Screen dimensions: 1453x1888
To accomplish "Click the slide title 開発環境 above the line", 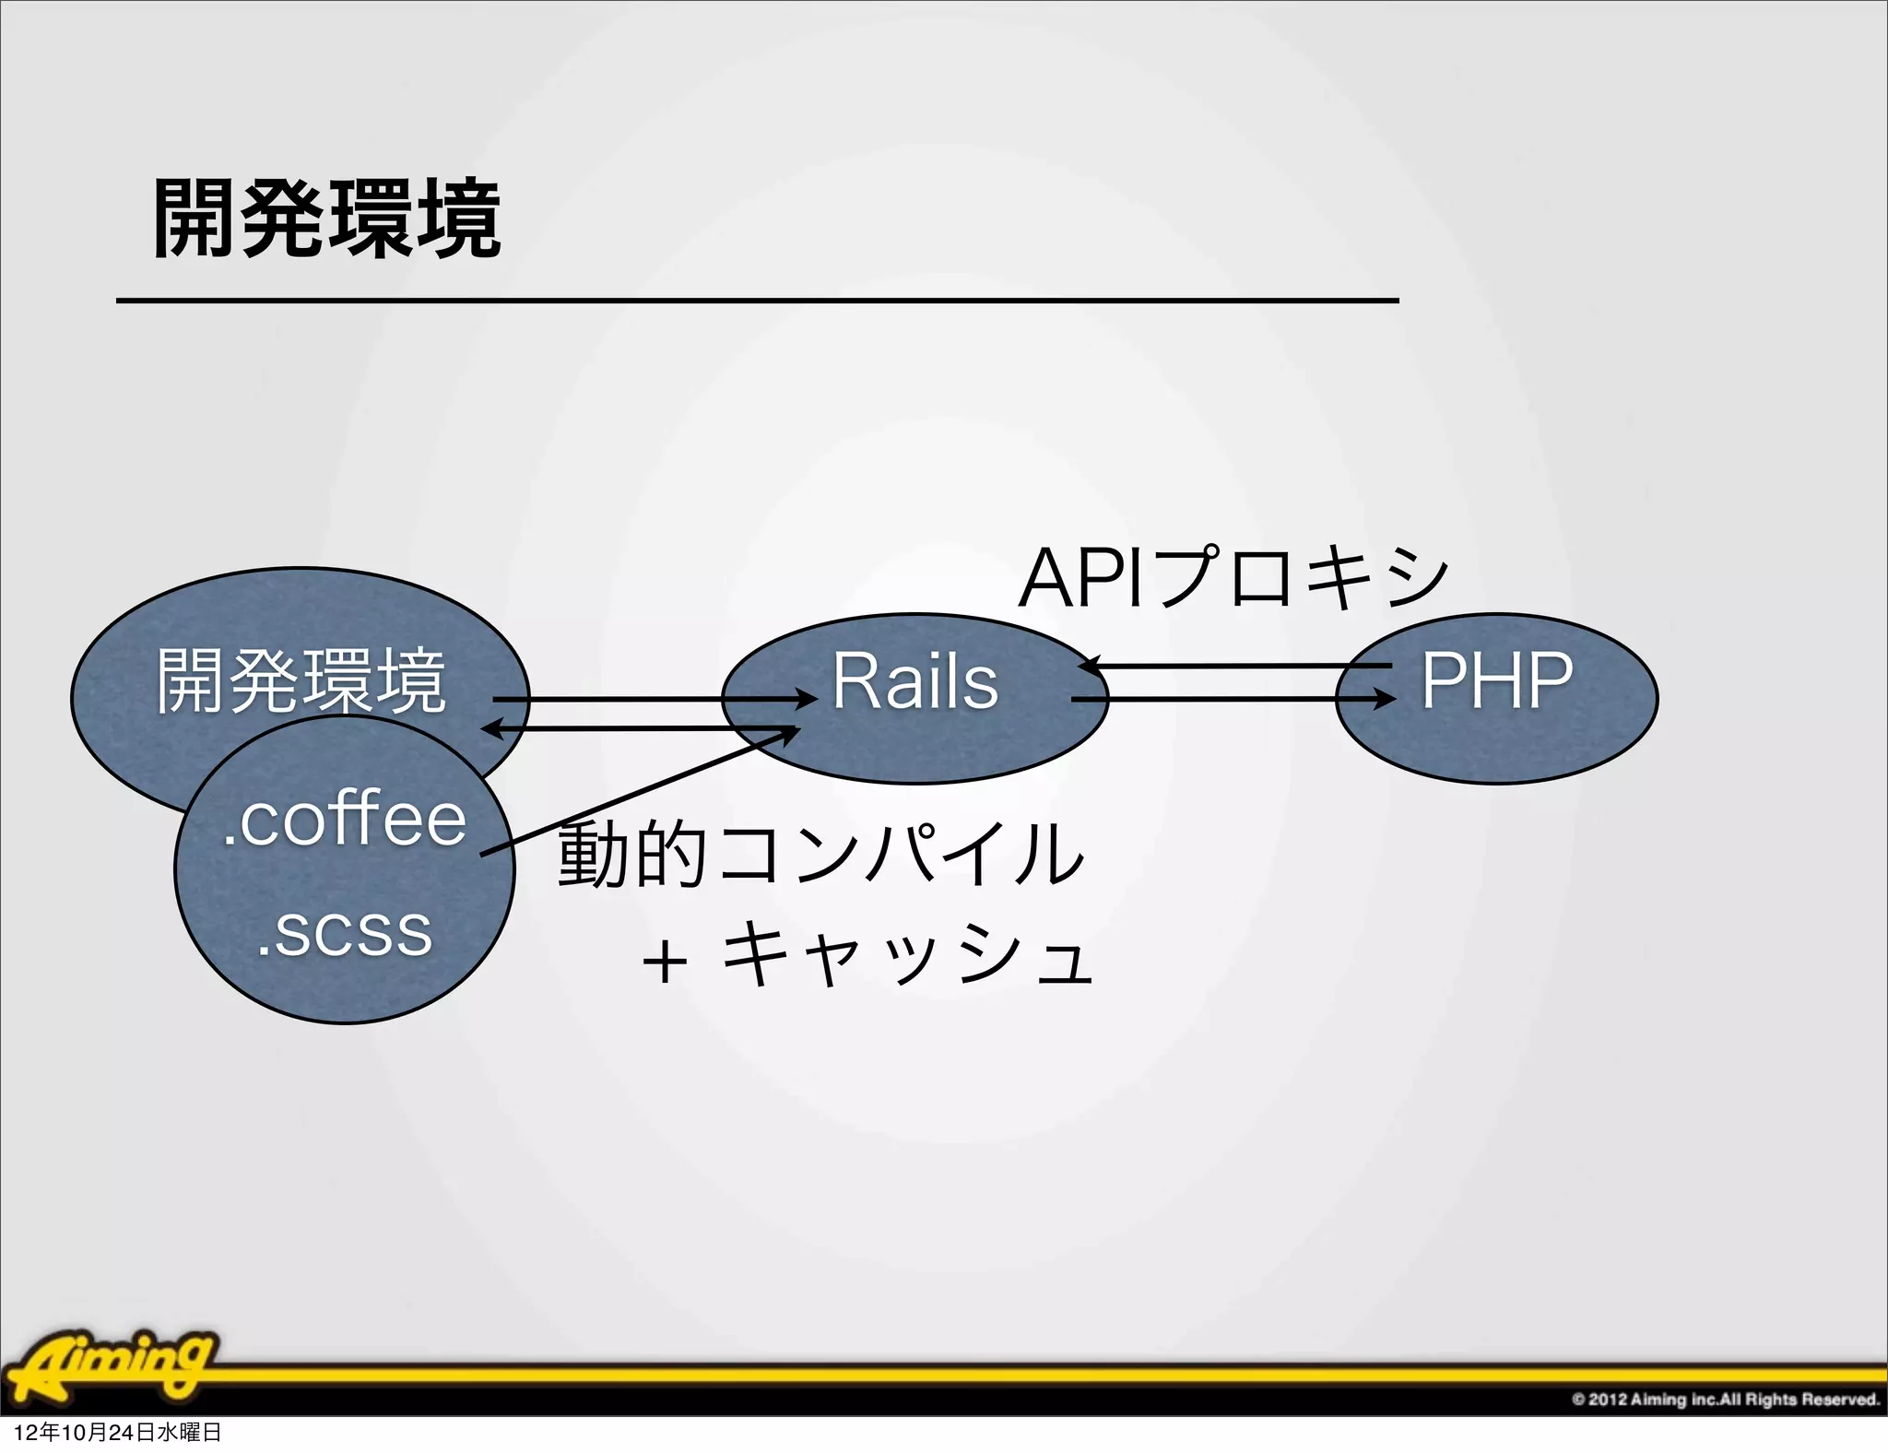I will click(327, 219).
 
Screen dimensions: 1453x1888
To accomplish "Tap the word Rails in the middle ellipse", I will click(914, 681).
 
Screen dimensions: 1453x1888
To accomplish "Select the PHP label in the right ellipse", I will click(1496, 681).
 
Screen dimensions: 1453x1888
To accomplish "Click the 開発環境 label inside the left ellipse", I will click(301, 681).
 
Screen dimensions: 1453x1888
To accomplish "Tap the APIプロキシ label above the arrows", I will click(1233, 579).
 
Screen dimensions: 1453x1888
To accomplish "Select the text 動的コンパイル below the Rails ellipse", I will click(820, 855).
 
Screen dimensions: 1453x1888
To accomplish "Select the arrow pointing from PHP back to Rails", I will click(1235, 665).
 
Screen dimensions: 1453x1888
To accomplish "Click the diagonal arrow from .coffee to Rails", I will click(636, 791).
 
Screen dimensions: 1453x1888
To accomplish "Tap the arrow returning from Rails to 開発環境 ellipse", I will click(636, 729).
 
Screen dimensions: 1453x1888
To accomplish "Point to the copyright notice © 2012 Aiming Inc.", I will click(1725, 1399).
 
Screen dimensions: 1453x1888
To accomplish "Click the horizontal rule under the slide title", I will click(756, 301).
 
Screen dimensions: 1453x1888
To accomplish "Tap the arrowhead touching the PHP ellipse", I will click(1386, 700).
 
